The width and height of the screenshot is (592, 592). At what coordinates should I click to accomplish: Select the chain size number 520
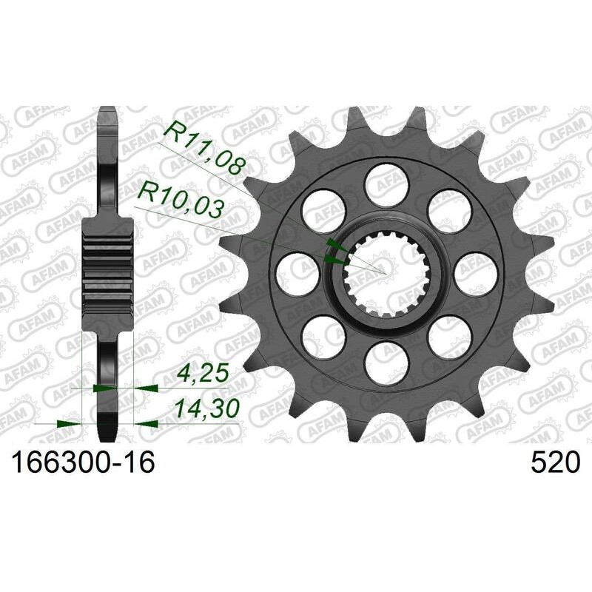tap(554, 464)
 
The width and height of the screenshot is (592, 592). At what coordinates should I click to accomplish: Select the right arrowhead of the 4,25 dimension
tap(142, 387)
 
